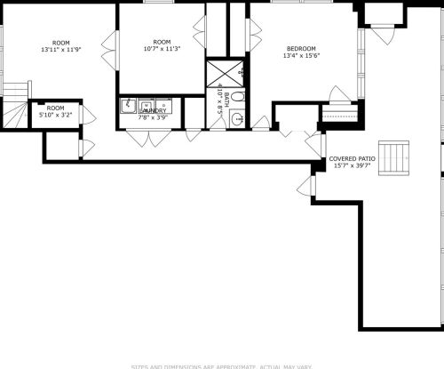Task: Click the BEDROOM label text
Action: (x=298, y=48)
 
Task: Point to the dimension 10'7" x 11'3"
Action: (x=161, y=50)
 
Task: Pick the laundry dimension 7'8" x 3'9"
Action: (x=152, y=117)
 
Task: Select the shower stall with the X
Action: (x=218, y=72)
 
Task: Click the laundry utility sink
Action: (x=130, y=106)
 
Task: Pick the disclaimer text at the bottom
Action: (x=221, y=365)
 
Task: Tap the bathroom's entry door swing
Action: (x=259, y=123)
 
